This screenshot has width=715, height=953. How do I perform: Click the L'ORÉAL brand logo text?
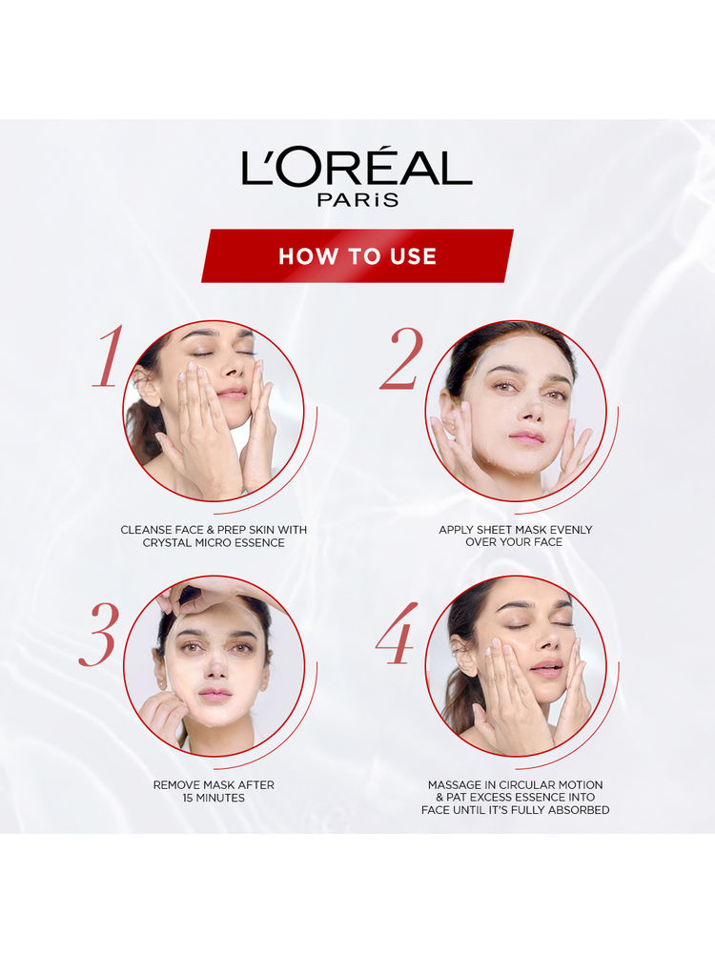pos(357,167)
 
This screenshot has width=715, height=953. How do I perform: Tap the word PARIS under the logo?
pos(357,199)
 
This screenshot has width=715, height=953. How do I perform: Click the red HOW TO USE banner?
pos(357,255)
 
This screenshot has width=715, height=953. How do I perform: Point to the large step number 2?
pos(402,358)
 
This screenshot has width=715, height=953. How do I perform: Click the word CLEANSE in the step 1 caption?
pos(143,530)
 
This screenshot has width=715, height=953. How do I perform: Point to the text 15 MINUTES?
pos(214,798)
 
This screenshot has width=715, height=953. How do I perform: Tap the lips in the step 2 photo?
pos(526,436)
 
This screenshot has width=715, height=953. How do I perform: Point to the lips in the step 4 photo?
pos(546,668)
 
